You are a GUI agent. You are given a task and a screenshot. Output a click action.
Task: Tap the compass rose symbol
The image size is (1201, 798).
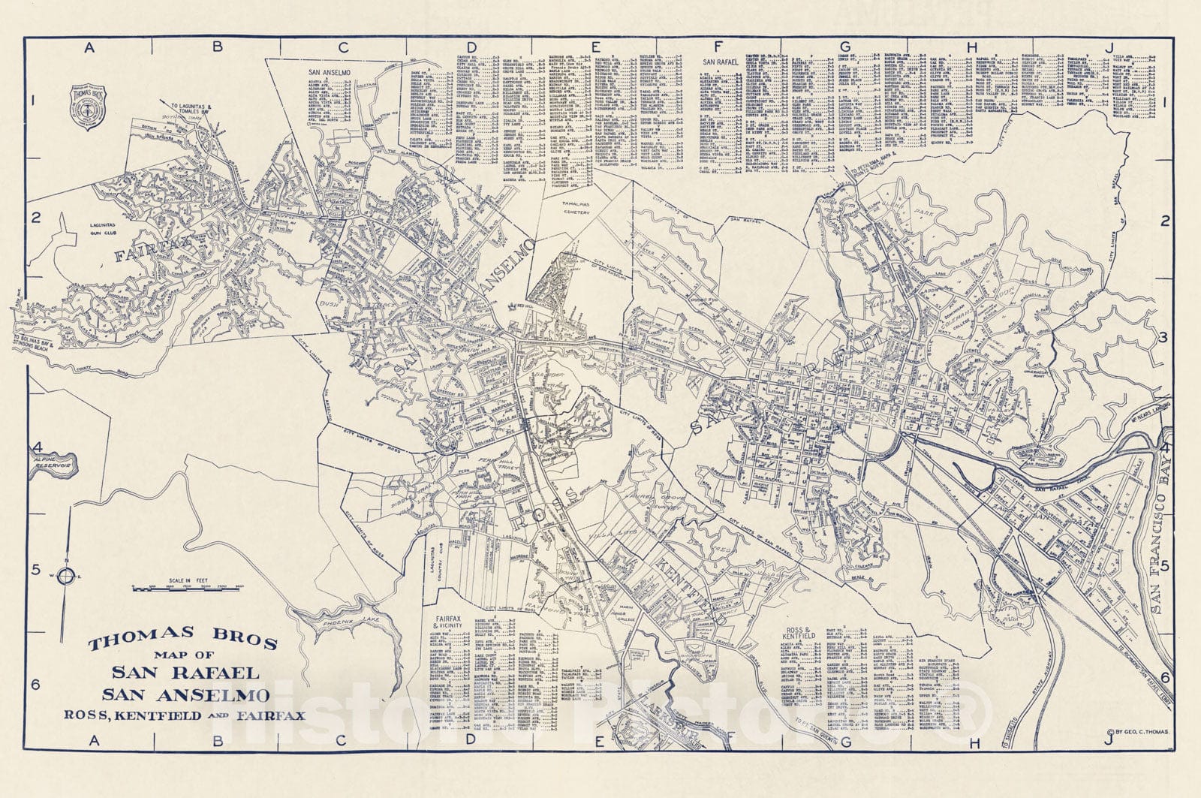(66, 577)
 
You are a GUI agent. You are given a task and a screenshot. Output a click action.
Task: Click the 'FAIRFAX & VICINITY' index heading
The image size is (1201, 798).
(450, 625)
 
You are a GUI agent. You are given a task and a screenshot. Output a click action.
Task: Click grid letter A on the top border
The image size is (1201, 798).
(89, 47)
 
